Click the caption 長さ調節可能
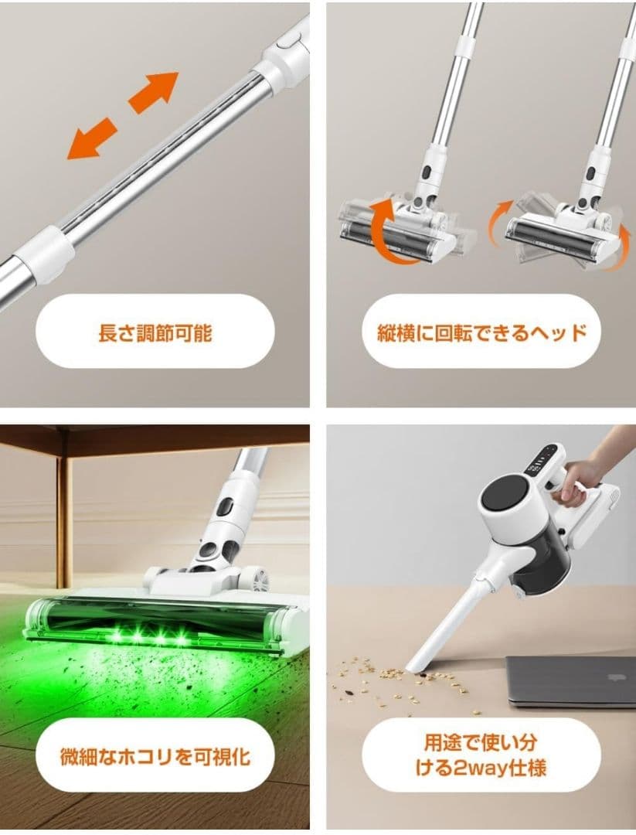pos(155,332)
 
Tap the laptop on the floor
pos(572,680)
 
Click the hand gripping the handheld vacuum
pos(576,479)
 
